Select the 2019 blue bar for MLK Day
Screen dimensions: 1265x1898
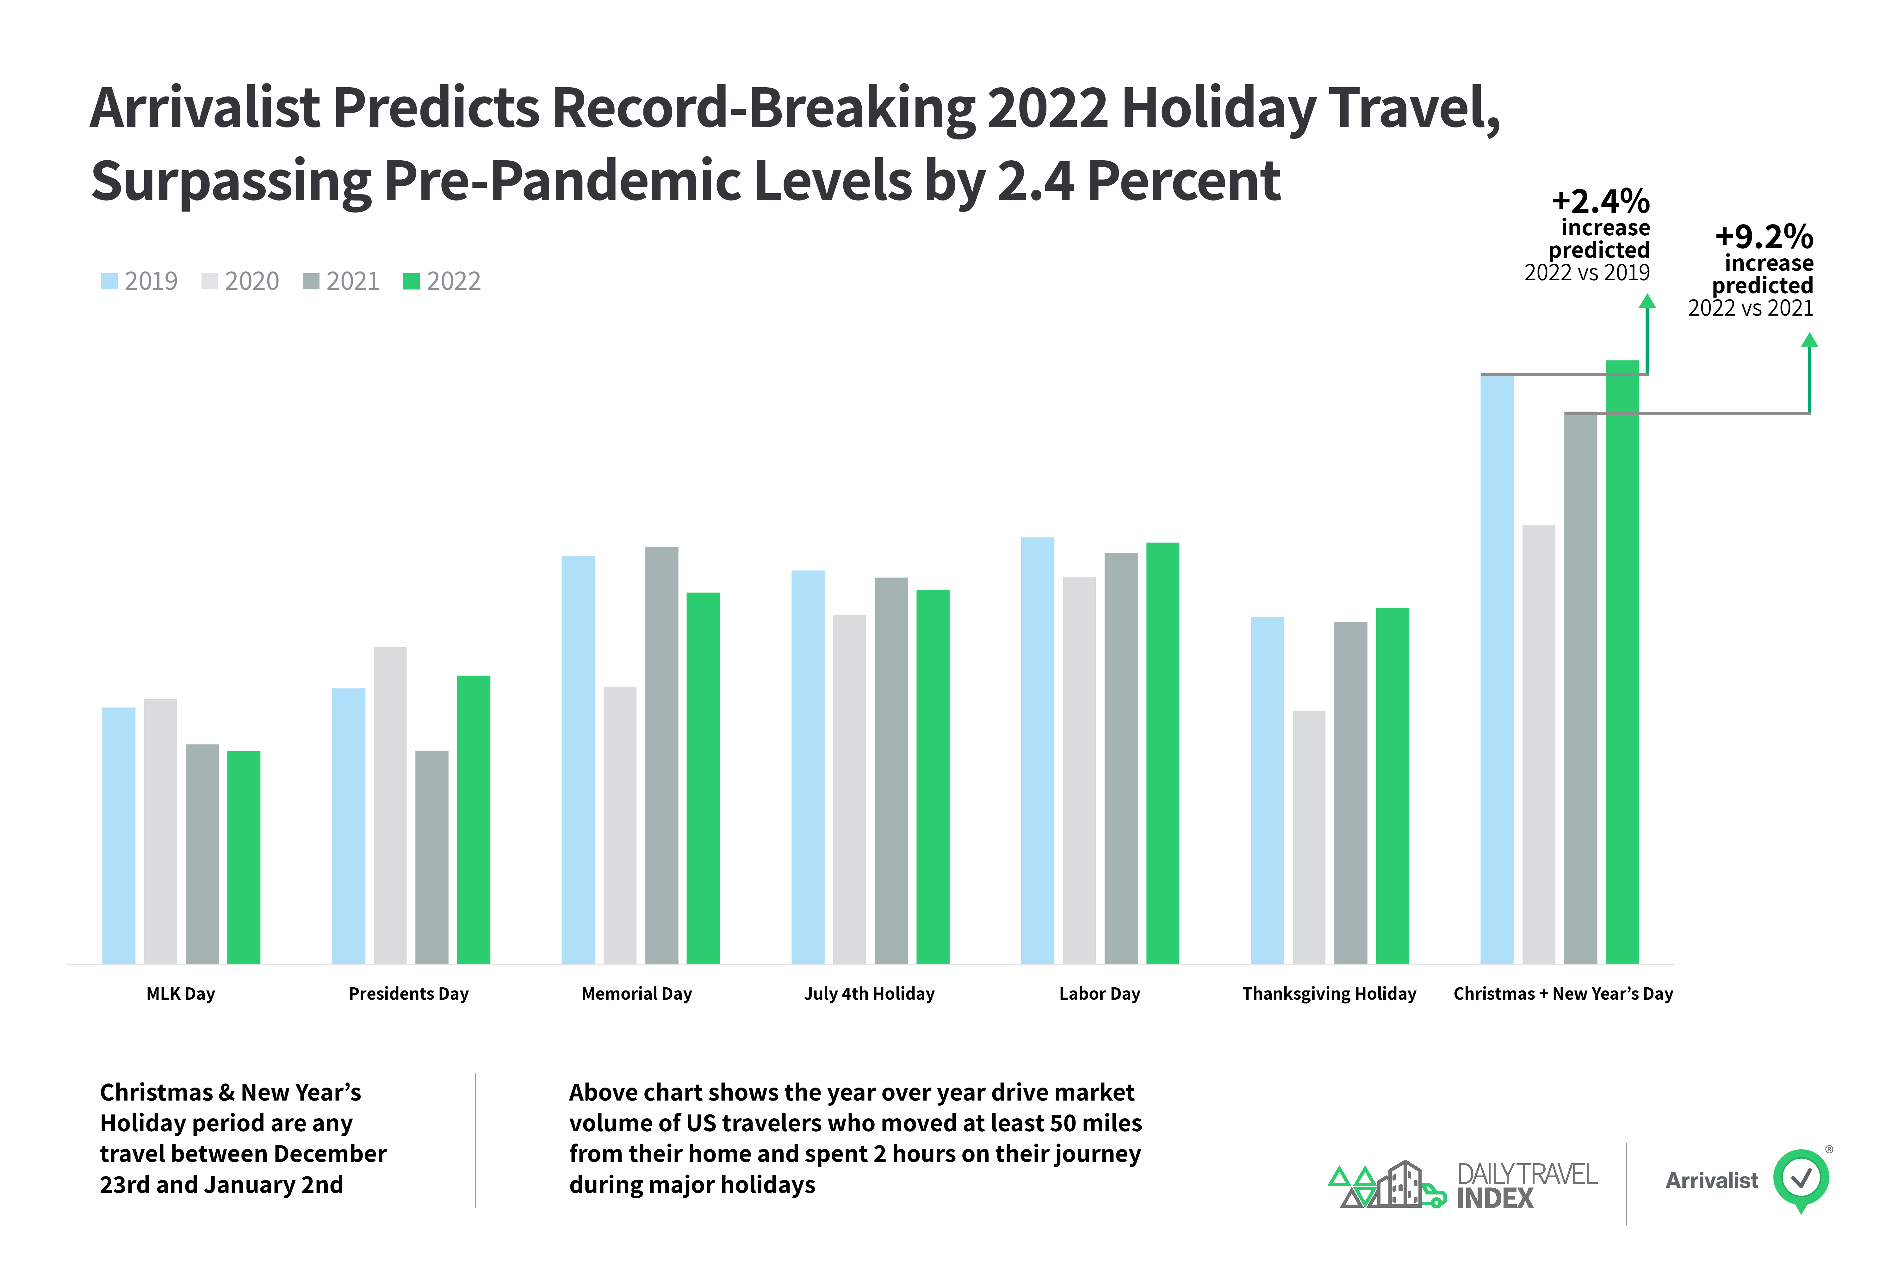click(x=119, y=835)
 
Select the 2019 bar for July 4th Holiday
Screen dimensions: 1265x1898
click(x=808, y=766)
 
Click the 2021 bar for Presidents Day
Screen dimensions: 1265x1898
click(x=432, y=857)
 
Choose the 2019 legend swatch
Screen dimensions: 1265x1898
click(x=109, y=281)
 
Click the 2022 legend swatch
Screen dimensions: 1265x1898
click(x=411, y=281)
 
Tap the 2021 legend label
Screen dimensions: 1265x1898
click(x=353, y=281)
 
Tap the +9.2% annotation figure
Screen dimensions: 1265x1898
click(x=1764, y=236)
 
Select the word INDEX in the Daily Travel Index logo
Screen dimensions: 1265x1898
click(x=1494, y=1198)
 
